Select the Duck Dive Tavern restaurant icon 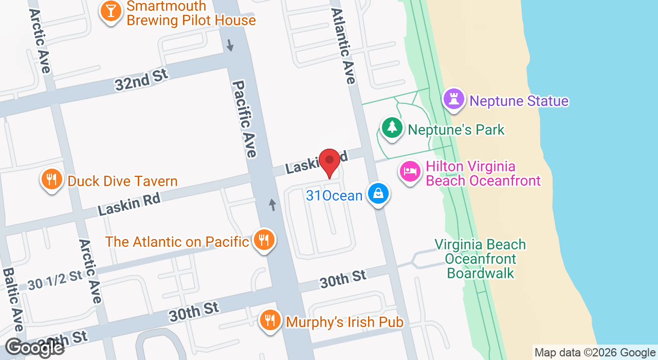pyautogui.click(x=51, y=179)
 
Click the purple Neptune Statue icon pyautogui.click(x=454, y=100)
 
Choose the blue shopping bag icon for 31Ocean pyautogui.click(x=378, y=194)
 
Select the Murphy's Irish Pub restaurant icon pyautogui.click(x=269, y=321)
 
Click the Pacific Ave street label pyautogui.click(x=244, y=119)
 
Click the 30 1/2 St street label pyautogui.click(x=55, y=280)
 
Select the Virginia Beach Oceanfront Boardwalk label pyautogui.click(x=480, y=258)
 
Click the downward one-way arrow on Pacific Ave pyautogui.click(x=230, y=45)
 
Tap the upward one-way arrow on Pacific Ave pyautogui.click(x=272, y=205)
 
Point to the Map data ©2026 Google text pyautogui.click(x=595, y=352)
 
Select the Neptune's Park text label pyautogui.click(x=456, y=130)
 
